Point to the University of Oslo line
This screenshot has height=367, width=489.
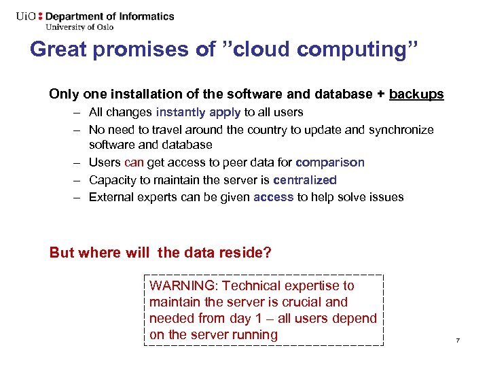tap(79, 27)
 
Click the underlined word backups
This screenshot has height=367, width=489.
tap(416, 94)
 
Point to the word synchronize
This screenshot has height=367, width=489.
tap(401, 129)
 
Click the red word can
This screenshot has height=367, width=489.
tap(134, 162)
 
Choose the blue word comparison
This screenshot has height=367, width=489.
tap(330, 162)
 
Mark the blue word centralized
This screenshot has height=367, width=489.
tap(305, 180)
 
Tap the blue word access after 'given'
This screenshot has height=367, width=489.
tap(274, 197)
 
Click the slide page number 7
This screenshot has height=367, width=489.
tap(458, 340)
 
